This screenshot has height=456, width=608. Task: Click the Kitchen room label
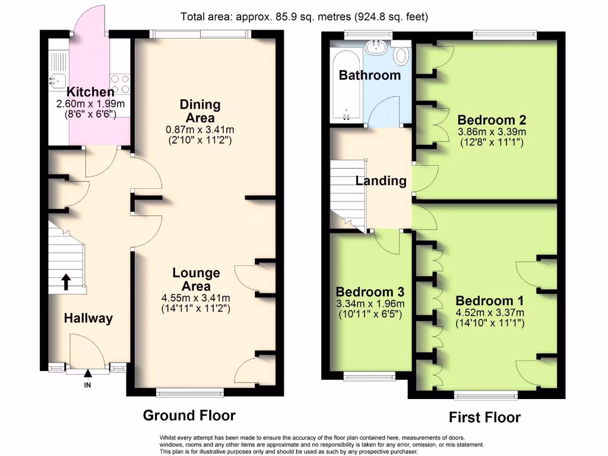[x=90, y=92]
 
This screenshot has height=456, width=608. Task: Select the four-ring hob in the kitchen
[x=120, y=84]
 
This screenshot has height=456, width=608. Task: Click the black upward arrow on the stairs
[x=66, y=282]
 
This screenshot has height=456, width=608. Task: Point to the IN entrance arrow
[x=88, y=373]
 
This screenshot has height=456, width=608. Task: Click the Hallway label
[x=88, y=318]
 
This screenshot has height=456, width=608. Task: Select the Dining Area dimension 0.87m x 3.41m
[x=200, y=129]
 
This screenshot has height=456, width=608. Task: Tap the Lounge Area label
[x=196, y=280]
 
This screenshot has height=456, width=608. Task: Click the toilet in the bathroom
[x=400, y=53]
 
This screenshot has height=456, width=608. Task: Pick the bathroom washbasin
[x=375, y=47]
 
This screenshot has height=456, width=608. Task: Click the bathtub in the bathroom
[x=346, y=85]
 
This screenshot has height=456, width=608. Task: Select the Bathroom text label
[x=370, y=75]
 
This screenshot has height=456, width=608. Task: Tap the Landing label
[x=381, y=181]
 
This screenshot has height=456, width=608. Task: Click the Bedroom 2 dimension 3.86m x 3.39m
[x=492, y=132]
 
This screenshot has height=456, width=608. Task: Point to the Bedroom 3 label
[x=370, y=292]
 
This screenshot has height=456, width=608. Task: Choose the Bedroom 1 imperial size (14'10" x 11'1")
[x=490, y=323]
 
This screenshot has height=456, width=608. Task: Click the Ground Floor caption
[x=189, y=415]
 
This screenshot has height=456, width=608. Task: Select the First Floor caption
[x=484, y=417]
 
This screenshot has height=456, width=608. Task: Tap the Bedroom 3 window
[x=370, y=376]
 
